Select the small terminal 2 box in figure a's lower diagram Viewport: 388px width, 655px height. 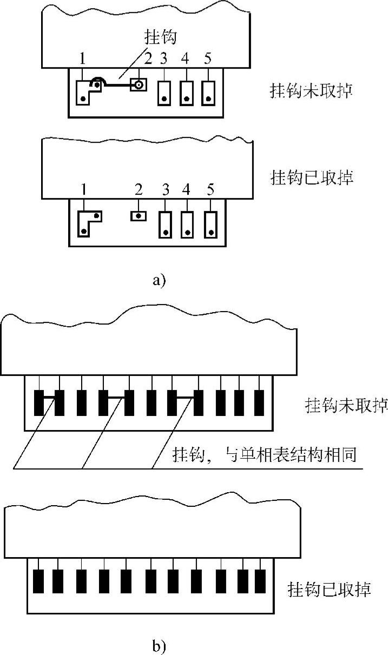coord(139,215)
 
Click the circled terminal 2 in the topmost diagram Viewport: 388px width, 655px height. coord(139,85)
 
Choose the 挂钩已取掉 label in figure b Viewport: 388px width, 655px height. coord(330,588)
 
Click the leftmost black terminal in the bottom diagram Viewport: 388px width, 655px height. coord(39,582)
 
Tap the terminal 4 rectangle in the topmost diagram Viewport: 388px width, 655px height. coord(186,92)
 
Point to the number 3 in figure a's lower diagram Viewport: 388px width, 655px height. coord(166,189)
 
